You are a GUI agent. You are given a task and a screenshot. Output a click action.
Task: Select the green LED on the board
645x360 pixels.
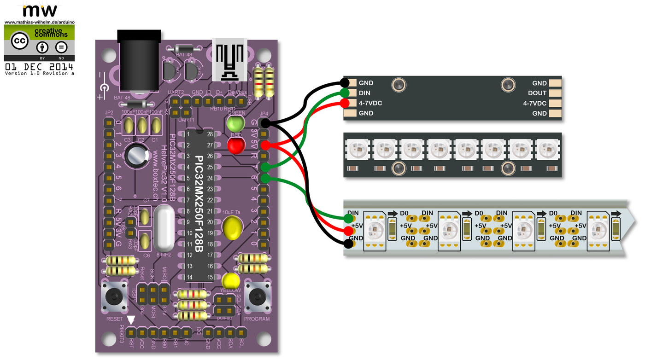coord(235,123)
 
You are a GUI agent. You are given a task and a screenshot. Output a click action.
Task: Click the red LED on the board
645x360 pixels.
coord(236,146)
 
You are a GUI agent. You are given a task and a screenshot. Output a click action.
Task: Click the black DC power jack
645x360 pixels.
coord(140,60)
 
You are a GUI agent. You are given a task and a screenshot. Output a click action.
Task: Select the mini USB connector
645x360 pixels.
coord(229,60)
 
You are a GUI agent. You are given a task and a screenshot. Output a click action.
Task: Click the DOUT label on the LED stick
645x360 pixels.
coord(537,93)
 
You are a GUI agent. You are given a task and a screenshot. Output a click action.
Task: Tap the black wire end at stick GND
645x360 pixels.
coord(344,83)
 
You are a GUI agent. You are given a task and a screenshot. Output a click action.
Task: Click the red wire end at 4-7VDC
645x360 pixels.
coord(344,103)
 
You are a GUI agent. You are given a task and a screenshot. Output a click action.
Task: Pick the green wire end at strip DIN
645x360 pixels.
coord(349,217)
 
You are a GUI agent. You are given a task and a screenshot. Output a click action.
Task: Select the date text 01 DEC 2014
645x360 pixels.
coord(39,67)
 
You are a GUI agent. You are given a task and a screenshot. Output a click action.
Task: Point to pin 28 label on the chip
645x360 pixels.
coord(210,134)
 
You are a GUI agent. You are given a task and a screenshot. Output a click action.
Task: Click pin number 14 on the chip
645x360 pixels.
coord(189,277)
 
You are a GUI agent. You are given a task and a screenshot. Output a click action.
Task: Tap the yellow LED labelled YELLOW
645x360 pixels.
coord(231,280)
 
